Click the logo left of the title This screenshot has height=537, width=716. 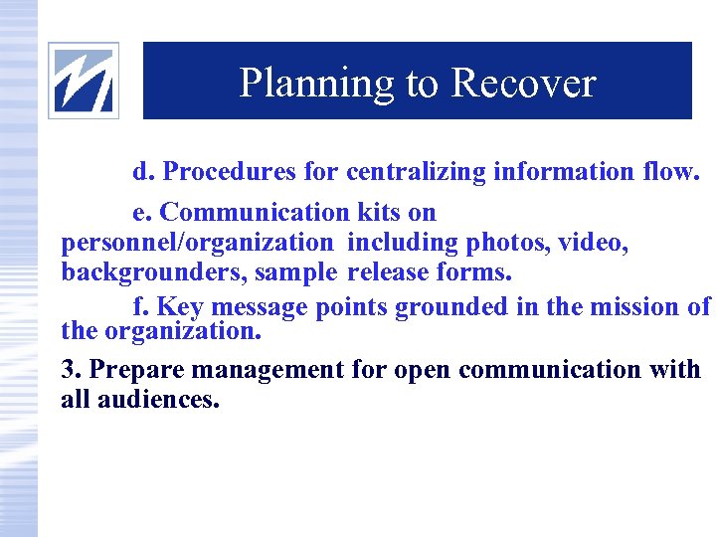(84, 81)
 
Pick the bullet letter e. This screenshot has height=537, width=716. (140, 213)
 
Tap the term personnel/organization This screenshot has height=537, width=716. (197, 243)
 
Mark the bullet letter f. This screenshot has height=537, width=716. (138, 307)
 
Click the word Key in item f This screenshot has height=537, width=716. (180, 307)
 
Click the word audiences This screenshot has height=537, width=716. (157, 400)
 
